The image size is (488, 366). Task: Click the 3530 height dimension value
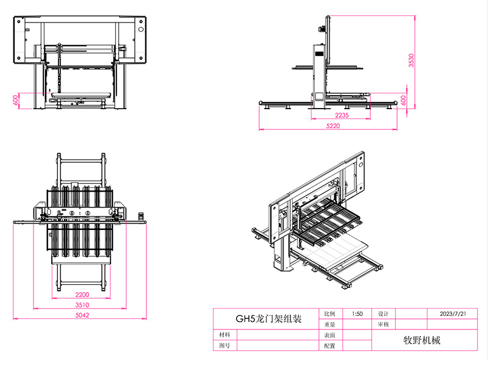point(411,60)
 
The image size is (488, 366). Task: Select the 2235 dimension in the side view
point(342,115)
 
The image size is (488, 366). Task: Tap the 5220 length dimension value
point(333,126)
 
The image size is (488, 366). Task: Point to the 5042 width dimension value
point(82,315)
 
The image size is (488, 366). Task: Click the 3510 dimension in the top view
point(82,305)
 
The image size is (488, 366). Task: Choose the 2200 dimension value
point(82,295)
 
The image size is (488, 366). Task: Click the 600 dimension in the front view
point(15,100)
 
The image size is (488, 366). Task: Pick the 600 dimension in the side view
point(403,100)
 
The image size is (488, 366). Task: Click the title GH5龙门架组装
point(268,318)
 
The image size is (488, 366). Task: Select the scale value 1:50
point(357,314)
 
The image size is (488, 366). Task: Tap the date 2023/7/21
point(453,314)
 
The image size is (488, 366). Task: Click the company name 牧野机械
point(422,340)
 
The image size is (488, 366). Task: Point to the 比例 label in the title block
point(329,314)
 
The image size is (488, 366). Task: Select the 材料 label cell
point(224,335)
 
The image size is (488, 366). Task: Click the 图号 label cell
point(224,345)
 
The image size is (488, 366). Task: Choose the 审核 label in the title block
point(384,325)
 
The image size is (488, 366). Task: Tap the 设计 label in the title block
point(384,314)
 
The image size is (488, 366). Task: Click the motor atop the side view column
point(322,29)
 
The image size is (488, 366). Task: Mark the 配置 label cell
point(329,345)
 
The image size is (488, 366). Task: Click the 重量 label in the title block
point(329,325)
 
